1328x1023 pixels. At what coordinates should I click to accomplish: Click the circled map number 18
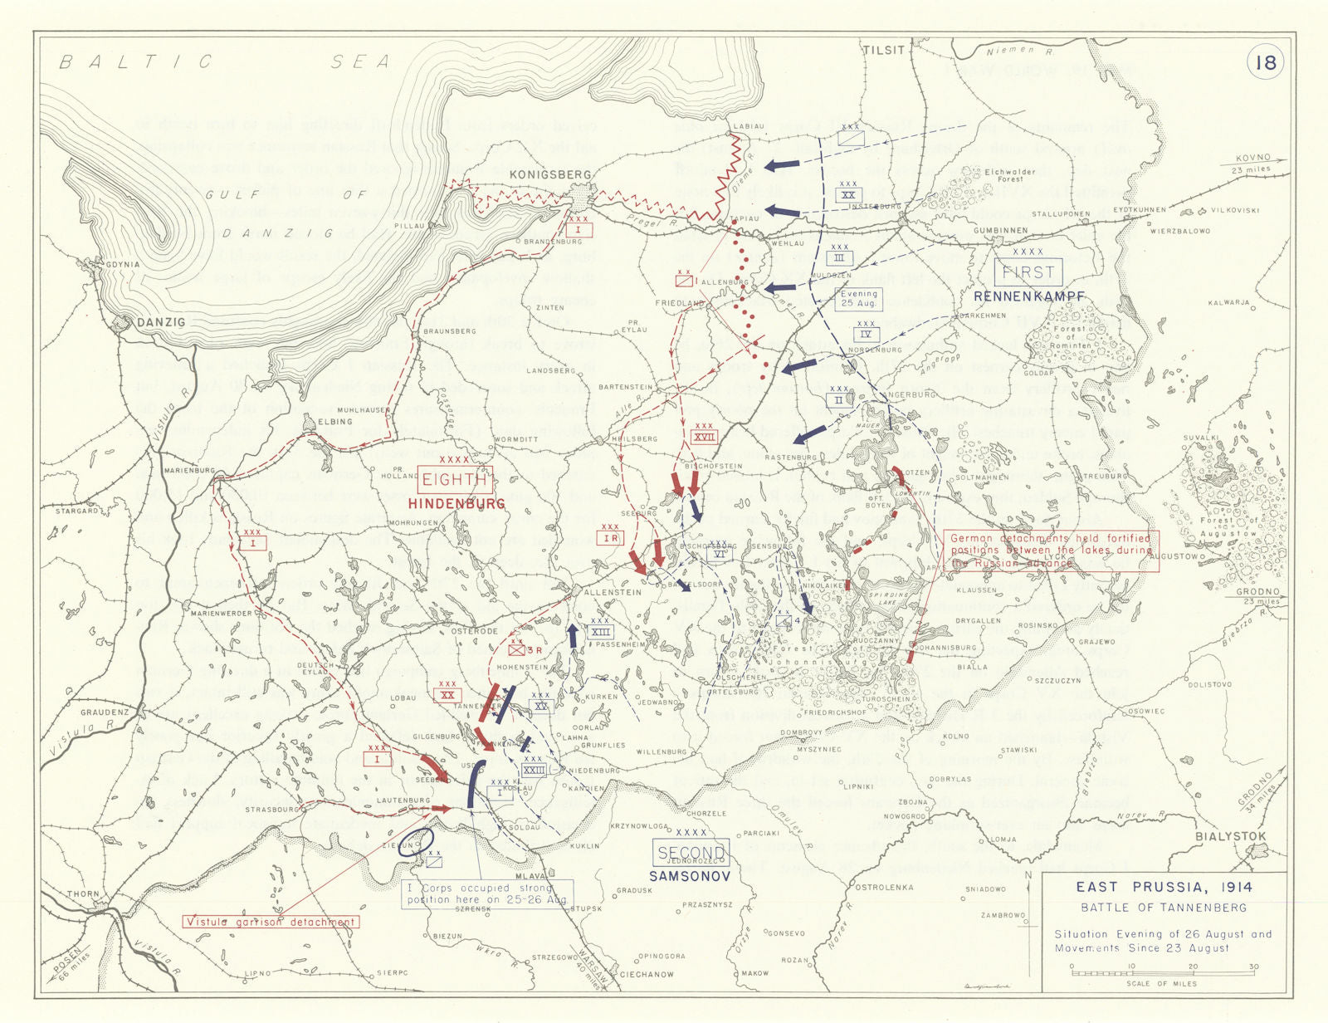tap(1265, 63)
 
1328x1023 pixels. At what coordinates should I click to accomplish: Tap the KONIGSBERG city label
tap(550, 174)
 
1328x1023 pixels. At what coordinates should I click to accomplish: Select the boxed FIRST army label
tap(1028, 272)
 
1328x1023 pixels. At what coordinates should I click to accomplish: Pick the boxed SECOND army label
tap(691, 853)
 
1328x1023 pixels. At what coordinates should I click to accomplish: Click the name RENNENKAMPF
tap(1028, 296)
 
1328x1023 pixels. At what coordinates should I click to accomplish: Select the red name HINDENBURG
tap(456, 504)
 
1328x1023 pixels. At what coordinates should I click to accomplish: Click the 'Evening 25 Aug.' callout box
tap(858, 299)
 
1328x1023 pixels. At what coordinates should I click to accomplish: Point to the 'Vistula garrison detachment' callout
tap(271, 922)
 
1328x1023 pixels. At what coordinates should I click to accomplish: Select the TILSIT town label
tap(883, 50)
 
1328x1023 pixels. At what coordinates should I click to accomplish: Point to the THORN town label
tap(83, 894)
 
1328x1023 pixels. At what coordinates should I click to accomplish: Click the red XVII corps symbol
tap(704, 437)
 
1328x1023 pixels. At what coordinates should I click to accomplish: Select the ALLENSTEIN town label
tap(613, 592)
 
